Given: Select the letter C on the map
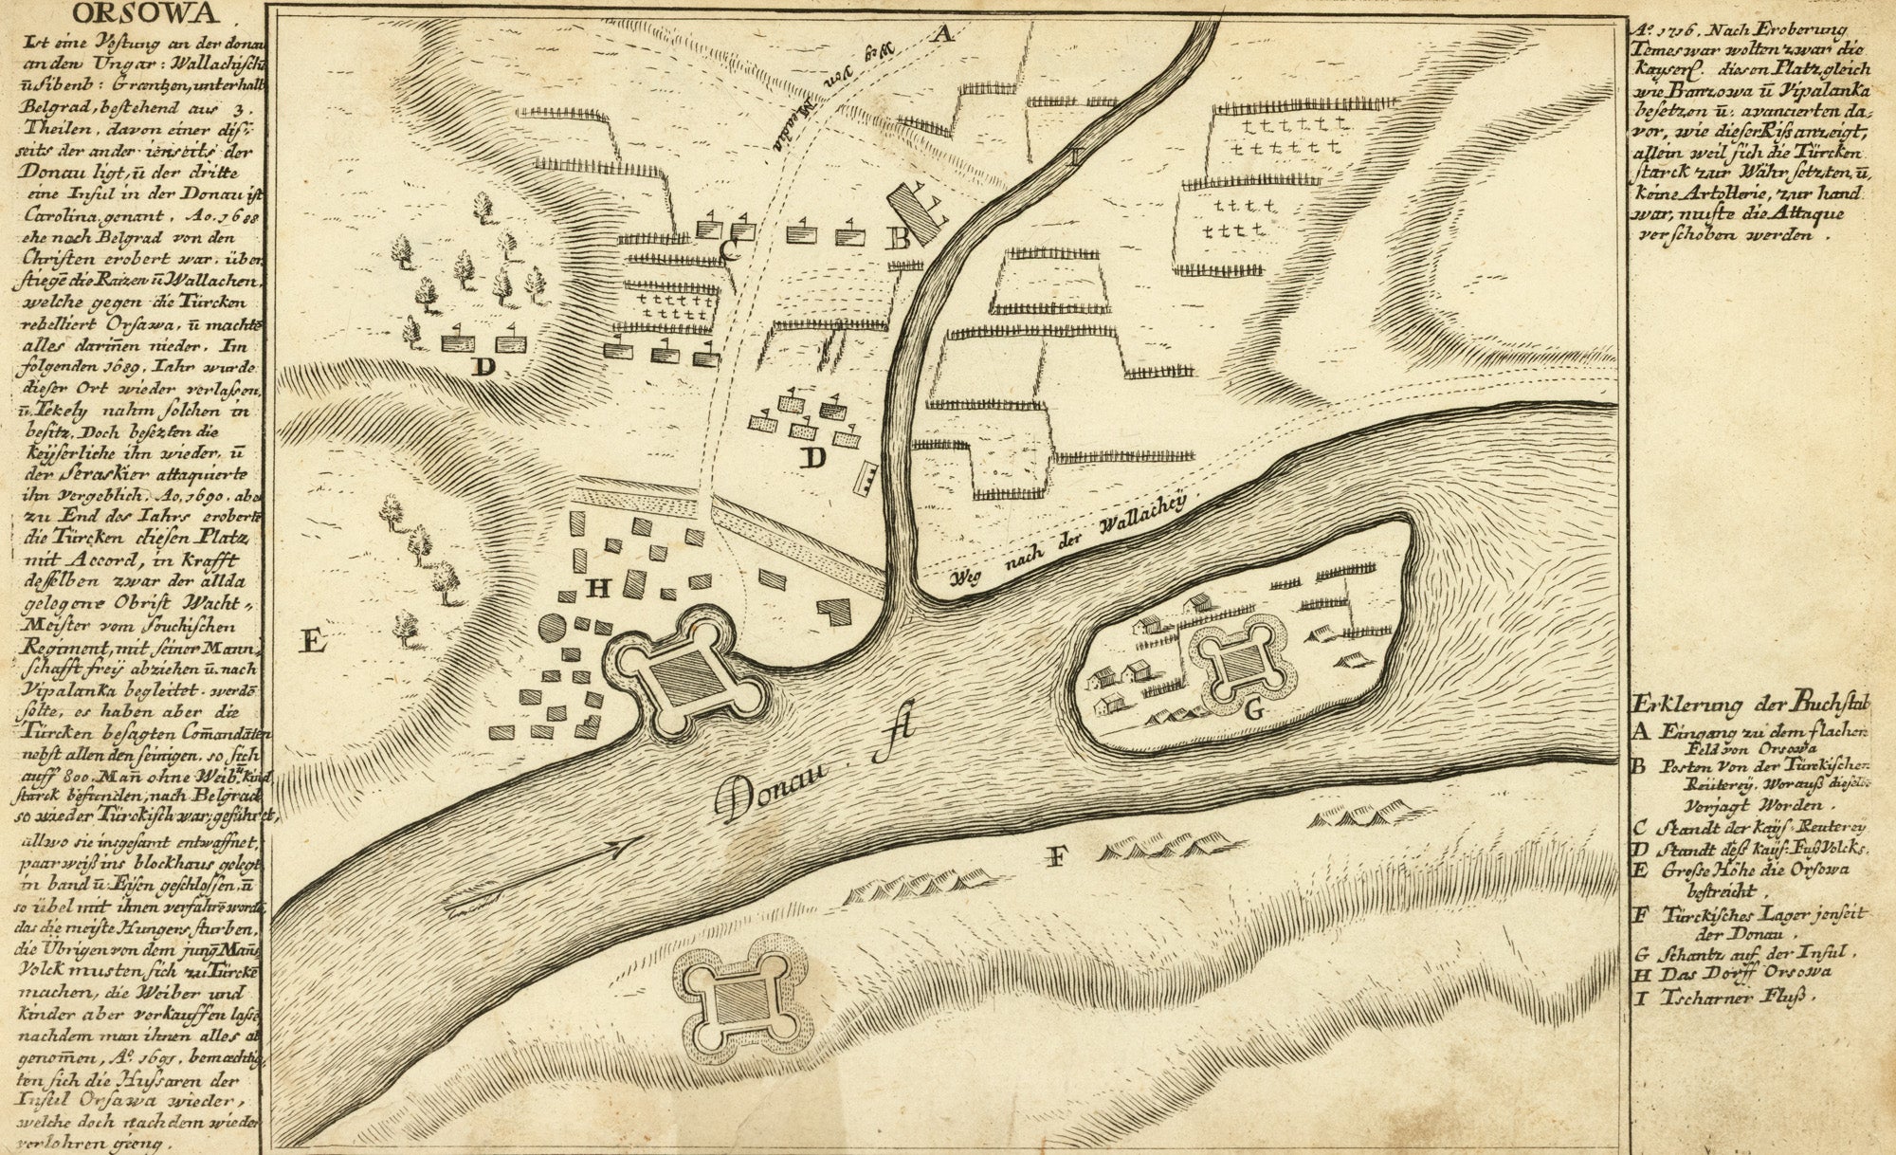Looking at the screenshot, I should pyautogui.click(x=729, y=249).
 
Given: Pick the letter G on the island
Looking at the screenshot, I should pyautogui.click(x=1251, y=708).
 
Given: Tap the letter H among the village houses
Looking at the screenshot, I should pyautogui.click(x=598, y=589).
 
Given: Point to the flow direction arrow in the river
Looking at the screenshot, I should pyautogui.click(x=617, y=847).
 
